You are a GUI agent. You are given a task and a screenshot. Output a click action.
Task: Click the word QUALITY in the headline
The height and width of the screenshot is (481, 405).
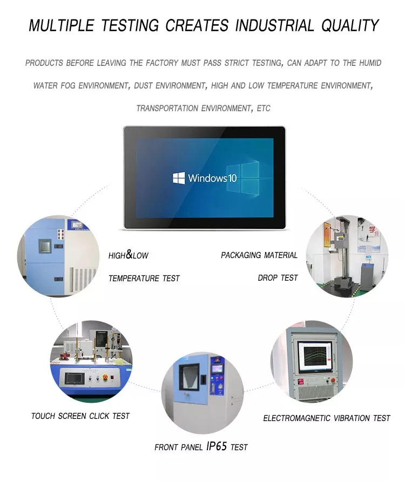pos(350,25)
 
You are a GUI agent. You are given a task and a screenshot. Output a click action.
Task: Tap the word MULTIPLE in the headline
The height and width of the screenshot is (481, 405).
pos(59,25)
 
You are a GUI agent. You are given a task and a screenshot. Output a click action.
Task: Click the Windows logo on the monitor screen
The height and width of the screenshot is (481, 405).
pos(179,178)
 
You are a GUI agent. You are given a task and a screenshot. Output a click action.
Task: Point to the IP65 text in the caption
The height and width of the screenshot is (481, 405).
pos(216,446)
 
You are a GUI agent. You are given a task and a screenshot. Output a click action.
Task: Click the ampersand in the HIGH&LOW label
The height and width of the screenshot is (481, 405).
pos(130,255)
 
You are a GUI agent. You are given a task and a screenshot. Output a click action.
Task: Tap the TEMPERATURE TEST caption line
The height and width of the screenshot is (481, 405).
pos(144,279)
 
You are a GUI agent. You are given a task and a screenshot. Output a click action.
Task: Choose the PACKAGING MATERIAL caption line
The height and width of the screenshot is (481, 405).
pos(259,255)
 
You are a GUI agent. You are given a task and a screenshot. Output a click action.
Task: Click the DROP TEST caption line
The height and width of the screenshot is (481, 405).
pos(278,277)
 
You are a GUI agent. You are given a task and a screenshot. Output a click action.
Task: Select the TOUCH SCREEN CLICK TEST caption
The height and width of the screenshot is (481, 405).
pos(80,416)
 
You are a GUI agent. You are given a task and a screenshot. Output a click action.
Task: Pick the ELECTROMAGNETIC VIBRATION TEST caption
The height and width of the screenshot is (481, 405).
pos(326,418)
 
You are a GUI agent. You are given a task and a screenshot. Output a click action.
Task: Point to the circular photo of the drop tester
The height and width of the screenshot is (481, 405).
pos(347,256)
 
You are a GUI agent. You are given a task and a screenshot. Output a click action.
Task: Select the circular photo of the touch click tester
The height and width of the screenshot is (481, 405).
pos(91,361)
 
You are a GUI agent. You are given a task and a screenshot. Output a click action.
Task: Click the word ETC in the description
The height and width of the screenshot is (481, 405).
pos(264,109)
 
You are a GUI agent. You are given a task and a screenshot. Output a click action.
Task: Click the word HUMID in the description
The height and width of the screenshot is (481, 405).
pos(369,63)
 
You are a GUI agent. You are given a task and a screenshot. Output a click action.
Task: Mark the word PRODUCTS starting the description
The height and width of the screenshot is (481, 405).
pos(44,63)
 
